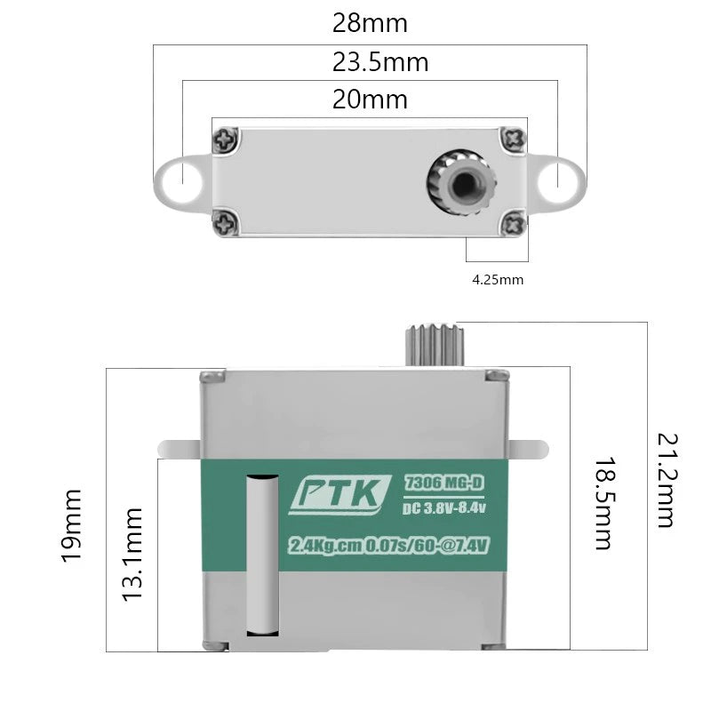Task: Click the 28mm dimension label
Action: coord(370,23)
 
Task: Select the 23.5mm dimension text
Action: coord(380,62)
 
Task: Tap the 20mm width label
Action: coord(370,100)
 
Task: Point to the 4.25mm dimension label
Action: coord(498,280)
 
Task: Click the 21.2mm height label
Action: coord(667,481)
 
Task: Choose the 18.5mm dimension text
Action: coord(604,503)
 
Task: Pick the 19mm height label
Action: coord(72,526)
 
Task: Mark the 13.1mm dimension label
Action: coord(132,555)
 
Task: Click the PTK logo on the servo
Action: coord(340,495)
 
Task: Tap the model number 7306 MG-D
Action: coord(443,483)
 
